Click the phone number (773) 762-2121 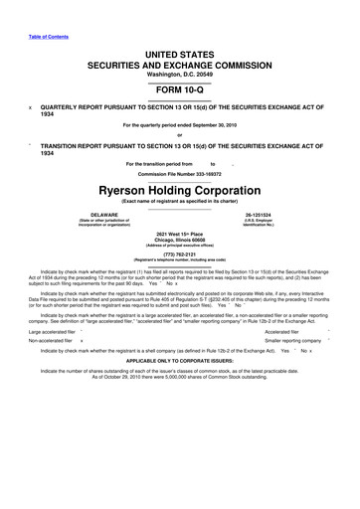click(x=179, y=253)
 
